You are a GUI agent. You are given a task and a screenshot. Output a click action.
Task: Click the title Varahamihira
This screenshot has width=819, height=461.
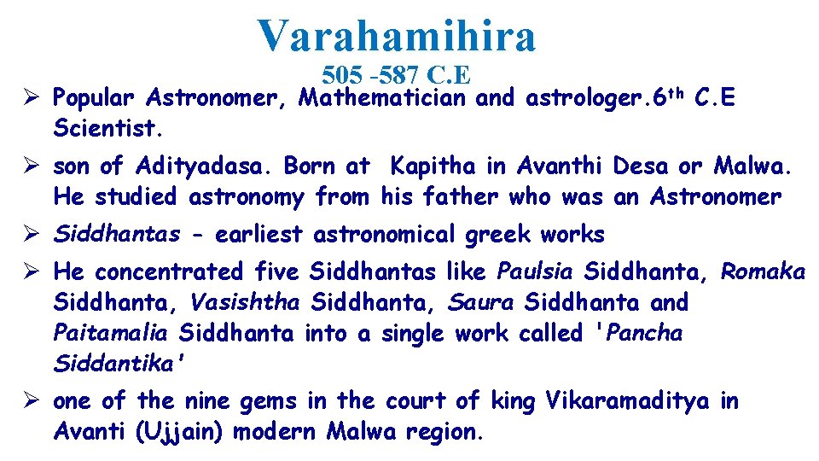coord(398,36)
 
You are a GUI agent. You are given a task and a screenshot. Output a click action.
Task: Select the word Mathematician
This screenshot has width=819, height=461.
coord(382,98)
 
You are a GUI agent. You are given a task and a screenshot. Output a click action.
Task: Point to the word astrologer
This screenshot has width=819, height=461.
coord(582,98)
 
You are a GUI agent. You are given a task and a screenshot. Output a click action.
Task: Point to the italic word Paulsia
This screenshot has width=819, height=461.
coord(534,271)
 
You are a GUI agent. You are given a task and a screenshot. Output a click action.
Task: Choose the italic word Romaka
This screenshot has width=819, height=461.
coord(763,271)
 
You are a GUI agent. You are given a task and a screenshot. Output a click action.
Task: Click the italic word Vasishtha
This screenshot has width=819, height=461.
coord(245,302)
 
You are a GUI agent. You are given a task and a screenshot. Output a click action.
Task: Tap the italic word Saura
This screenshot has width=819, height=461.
coord(480,302)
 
